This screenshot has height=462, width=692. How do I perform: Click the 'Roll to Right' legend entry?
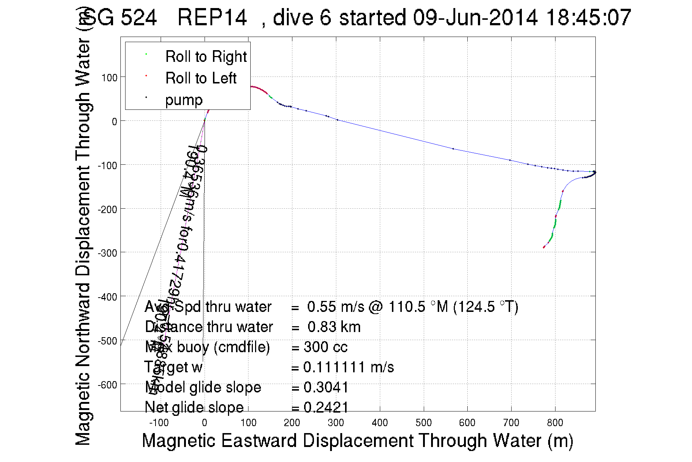pyautogui.click(x=206, y=57)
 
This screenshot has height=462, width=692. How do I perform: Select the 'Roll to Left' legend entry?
pyautogui.click(x=201, y=78)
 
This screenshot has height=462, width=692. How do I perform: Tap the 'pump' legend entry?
pyautogui.click(x=184, y=100)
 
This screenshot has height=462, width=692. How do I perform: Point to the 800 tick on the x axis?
pyautogui.click(x=555, y=423)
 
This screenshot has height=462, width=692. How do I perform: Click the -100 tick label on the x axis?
pyautogui.click(x=159, y=423)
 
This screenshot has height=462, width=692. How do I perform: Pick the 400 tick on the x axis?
pyautogui.click(x=379, y=423)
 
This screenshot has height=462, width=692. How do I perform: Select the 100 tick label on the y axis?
pyautogui.click(x=109, y=78)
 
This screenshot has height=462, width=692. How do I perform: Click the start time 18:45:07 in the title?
pyautogui.click(x=588, y=18)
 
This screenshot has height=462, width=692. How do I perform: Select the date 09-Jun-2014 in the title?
pyautogui.click(x=475, y=18)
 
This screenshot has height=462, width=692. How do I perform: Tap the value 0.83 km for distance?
pyautogui.click(x=334, y=327)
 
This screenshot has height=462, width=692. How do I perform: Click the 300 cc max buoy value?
pyautogui.click(x=325, y=347)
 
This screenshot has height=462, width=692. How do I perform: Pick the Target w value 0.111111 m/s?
pyautogui.click(x=348, y=367)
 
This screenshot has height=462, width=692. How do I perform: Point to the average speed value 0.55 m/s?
pyautogui.click(x=336, y=307)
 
